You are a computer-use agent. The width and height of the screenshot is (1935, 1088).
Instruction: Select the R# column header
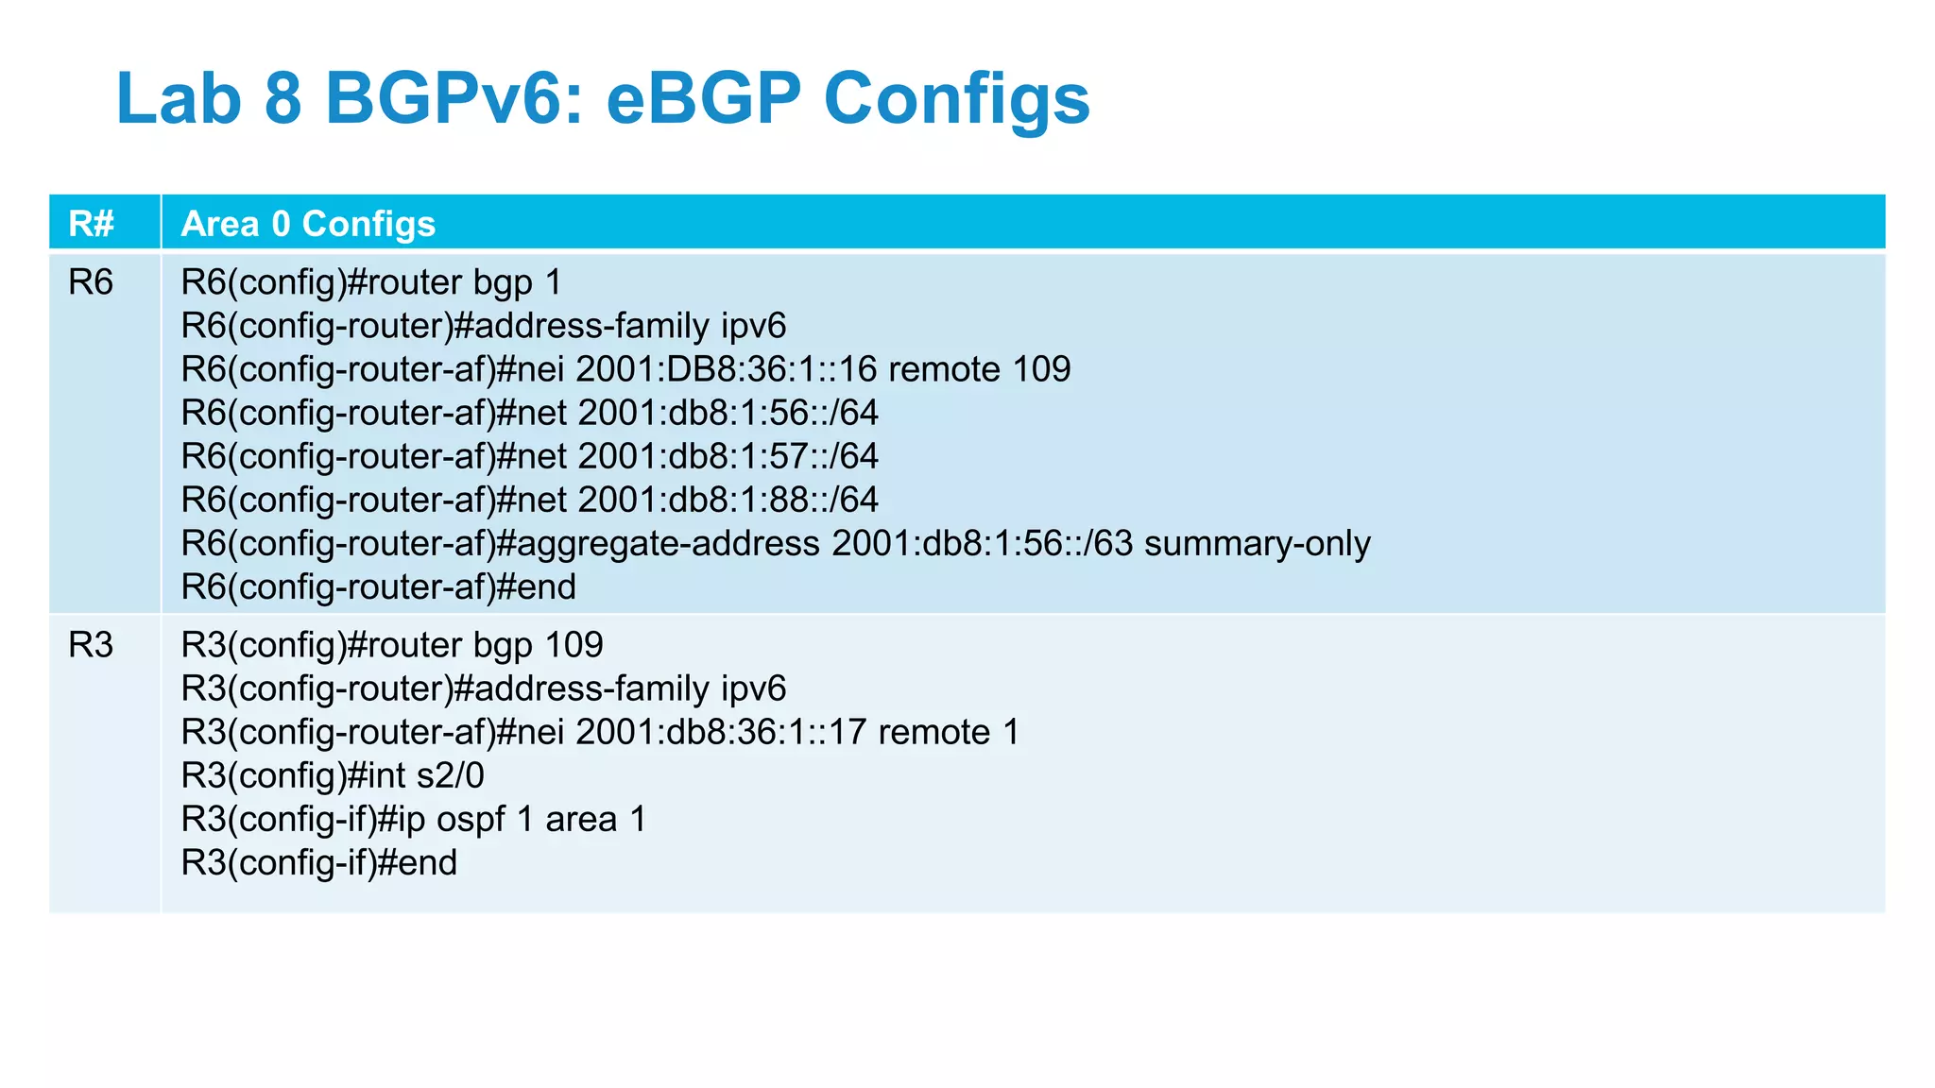pos(92,224)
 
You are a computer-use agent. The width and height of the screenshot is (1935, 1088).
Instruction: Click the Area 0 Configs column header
pos(308,224)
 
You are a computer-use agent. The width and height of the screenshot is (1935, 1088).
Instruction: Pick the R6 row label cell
pos(91,282)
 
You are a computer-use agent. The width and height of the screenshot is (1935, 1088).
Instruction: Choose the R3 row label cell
pos(91,645)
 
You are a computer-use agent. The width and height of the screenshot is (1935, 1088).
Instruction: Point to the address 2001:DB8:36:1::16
pos(727,369)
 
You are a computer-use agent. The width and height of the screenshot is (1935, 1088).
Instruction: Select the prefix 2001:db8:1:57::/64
pos(728,456)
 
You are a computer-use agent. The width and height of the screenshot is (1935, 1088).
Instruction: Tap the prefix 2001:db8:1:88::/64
pos(728,500)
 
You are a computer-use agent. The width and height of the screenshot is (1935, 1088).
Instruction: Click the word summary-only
pos(1258,544)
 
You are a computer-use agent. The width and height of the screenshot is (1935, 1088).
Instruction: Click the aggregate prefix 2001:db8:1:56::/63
pos(983,544)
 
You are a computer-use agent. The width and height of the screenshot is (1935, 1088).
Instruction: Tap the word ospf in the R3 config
pos(471,819)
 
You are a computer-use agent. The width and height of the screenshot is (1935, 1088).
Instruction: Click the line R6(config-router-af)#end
pos(378,587)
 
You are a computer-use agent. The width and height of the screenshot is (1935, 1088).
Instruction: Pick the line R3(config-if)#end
pos(319,862)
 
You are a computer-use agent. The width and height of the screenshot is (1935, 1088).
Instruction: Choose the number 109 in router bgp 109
pos(574,645)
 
